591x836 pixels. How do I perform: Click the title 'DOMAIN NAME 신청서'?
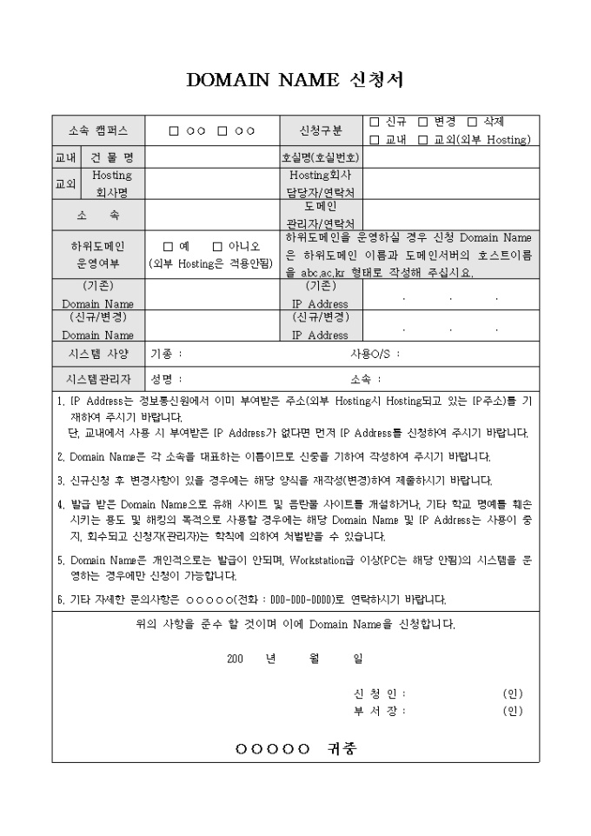295,80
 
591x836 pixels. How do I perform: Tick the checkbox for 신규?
375,123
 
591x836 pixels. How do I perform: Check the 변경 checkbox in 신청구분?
422,123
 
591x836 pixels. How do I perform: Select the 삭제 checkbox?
472,123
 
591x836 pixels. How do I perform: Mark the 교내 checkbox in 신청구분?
375,139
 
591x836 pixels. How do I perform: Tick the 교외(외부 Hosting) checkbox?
422,139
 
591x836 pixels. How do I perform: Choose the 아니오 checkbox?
217,246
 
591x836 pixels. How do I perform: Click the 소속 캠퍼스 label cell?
98,131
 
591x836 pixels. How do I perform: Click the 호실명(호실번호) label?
320,158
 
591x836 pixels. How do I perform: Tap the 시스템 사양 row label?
98,354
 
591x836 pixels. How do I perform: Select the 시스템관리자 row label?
98,379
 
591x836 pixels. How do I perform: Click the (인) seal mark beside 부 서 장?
512,711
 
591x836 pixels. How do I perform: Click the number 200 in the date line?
234,659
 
